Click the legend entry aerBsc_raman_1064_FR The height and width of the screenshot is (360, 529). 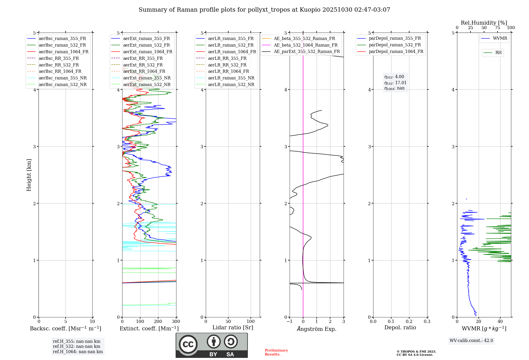[x=63, y=52]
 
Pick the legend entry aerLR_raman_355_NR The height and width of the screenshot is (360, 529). [x=231, y=78]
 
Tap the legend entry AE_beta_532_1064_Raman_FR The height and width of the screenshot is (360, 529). [x=305, y=45]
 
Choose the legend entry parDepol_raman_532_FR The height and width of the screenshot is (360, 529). [x=395, y=45]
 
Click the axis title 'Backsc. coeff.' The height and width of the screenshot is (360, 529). [x=65, y=328]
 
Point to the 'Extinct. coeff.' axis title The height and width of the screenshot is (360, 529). [x=149, y=328]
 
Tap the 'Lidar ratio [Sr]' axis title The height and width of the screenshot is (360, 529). [x=233, y=327]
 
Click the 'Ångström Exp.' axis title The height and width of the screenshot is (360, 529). [x=317, y=329]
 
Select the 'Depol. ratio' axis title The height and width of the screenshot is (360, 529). [x=400, y=327]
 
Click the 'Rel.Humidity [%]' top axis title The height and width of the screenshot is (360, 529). [x=484, y=23]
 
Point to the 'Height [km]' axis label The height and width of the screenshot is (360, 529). [x=29, y=175]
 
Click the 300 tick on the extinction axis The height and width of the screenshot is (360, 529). [x=176, y=322]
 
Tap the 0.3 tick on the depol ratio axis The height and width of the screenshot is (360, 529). [x=427, y=322]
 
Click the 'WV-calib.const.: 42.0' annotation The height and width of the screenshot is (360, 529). [x=471, y=340]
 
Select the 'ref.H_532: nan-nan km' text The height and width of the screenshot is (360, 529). [x=76, y=346]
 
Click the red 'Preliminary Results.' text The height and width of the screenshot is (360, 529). [x=276, y=352]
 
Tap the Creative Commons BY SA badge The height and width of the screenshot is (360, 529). [x=212, y=345]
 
